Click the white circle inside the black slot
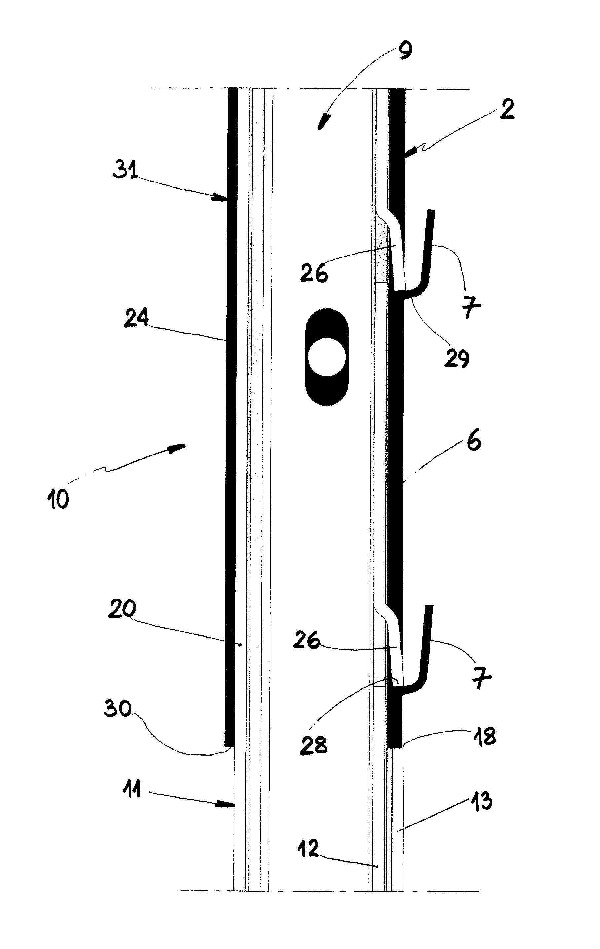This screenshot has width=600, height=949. [x=327, y=357]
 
